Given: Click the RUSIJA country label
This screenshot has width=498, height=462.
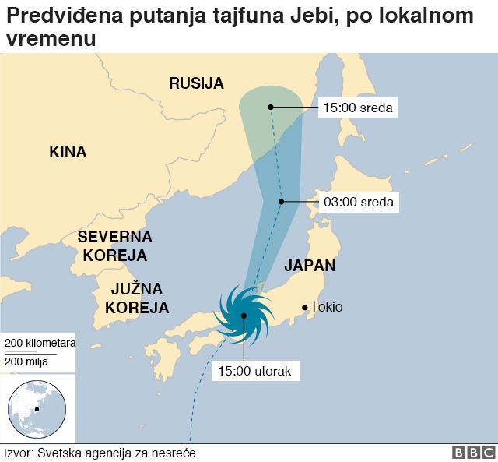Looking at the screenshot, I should click(196, 83).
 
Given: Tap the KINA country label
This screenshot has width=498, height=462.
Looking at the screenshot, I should click(68, 152).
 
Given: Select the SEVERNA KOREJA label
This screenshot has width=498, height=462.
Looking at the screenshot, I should click(114, 245).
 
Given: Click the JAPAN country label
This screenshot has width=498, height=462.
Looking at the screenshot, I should click(310, 265).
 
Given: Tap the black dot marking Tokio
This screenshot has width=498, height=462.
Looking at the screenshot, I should click(304, 307).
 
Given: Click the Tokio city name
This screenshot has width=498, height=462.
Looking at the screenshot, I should click(326, 307).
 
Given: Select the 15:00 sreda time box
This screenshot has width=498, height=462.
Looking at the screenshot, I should click(359, 107).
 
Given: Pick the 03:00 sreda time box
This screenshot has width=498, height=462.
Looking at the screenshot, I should click(359, 203).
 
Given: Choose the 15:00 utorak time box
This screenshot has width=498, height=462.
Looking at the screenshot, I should click(254, 371).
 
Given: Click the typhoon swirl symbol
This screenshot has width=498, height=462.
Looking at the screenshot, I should click(244, 316).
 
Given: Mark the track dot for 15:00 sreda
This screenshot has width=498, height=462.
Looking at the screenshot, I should click(270, 107).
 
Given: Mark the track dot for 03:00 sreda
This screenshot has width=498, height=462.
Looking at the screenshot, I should click(282, 202).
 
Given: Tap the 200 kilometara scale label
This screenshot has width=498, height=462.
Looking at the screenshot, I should click(38, 344).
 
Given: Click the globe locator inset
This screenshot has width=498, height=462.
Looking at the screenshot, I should click(37, 408).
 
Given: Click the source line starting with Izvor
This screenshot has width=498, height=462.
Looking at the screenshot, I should click(100, 453).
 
